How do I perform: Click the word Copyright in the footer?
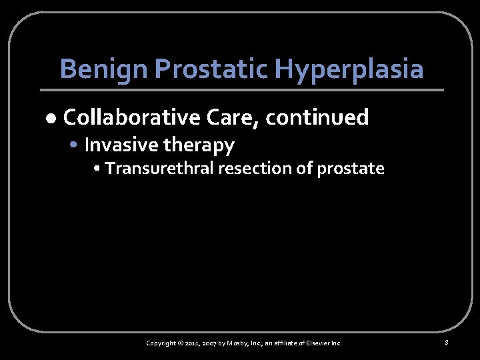[163, 343]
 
